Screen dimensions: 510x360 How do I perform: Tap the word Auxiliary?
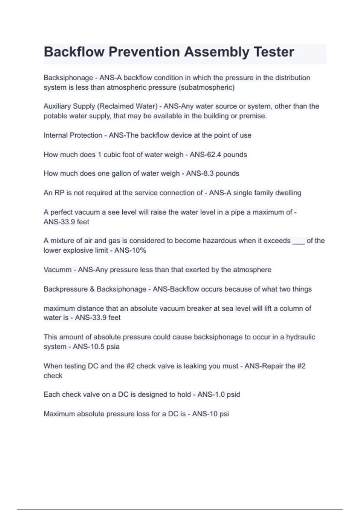point(57,106)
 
